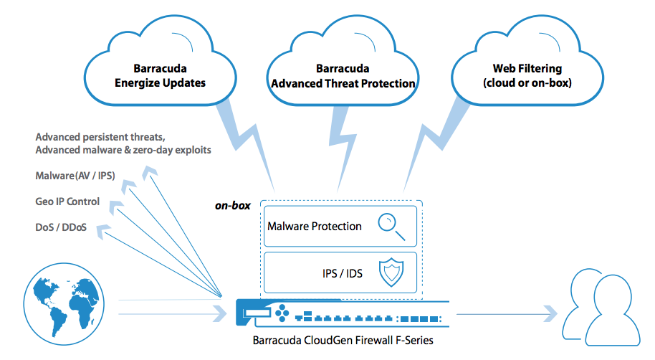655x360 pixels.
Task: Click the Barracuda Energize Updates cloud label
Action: (160, 76)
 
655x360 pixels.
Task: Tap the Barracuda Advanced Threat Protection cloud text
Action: (343, 76)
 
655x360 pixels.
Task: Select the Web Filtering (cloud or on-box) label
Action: (527, 76)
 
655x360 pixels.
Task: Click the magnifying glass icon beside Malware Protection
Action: (391, 227)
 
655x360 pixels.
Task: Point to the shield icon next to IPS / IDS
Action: (391, 273)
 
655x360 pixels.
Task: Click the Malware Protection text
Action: (315, 226)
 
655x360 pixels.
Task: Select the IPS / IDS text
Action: (342, 273)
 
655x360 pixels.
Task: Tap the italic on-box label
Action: (233, 205)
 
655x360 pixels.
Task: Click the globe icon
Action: (64, 304)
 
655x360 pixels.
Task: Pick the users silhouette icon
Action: (601, 307)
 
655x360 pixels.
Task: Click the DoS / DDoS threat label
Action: (61, 227)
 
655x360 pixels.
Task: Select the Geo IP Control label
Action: (67, 202)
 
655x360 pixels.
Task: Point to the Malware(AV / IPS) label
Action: (75, 176)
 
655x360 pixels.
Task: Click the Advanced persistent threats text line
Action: (100, 137)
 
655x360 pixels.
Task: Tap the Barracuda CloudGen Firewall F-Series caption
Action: (343, 341)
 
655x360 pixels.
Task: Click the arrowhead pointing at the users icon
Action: (550, 313)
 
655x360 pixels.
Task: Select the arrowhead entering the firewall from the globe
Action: (220, 313)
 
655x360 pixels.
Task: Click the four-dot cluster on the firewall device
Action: (282, 313)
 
